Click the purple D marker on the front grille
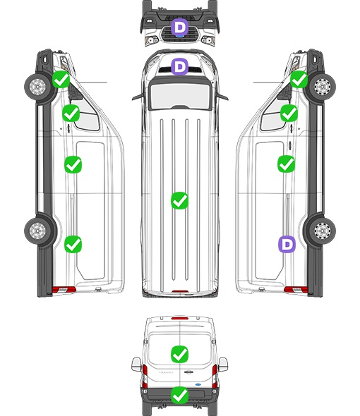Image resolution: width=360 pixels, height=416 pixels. click(x=179, y=27)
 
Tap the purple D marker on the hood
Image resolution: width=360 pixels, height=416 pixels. click(x=179, y=66)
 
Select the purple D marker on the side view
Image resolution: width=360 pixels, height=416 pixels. click(x=287, y=244)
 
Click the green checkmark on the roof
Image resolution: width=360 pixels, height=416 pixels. click(x=179, y=200)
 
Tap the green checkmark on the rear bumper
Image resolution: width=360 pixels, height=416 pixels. click(x=179, y=396)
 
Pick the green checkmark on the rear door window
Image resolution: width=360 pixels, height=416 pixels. click(x=179, y=354)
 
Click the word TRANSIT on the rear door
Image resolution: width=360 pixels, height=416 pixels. click(x=166, y=372)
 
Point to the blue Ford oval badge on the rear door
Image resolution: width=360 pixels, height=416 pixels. click(x=198, y=384)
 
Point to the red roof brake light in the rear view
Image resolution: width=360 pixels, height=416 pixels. click(x=180, y=318)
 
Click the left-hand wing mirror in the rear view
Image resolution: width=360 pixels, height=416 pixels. click(x=136, y=365)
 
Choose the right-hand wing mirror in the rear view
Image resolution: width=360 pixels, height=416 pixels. click(x=223, y=365)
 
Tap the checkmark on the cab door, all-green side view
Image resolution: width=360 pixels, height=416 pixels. click(x=71, y=113)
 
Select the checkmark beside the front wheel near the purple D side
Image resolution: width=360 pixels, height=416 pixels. click(x=299, y=80)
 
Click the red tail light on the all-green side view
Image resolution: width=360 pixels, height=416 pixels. click(x=64, y=290)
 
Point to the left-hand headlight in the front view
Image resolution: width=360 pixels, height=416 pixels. click(x=152, y=40)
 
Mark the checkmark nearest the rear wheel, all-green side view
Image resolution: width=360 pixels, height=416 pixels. click(x=73, y=244)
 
